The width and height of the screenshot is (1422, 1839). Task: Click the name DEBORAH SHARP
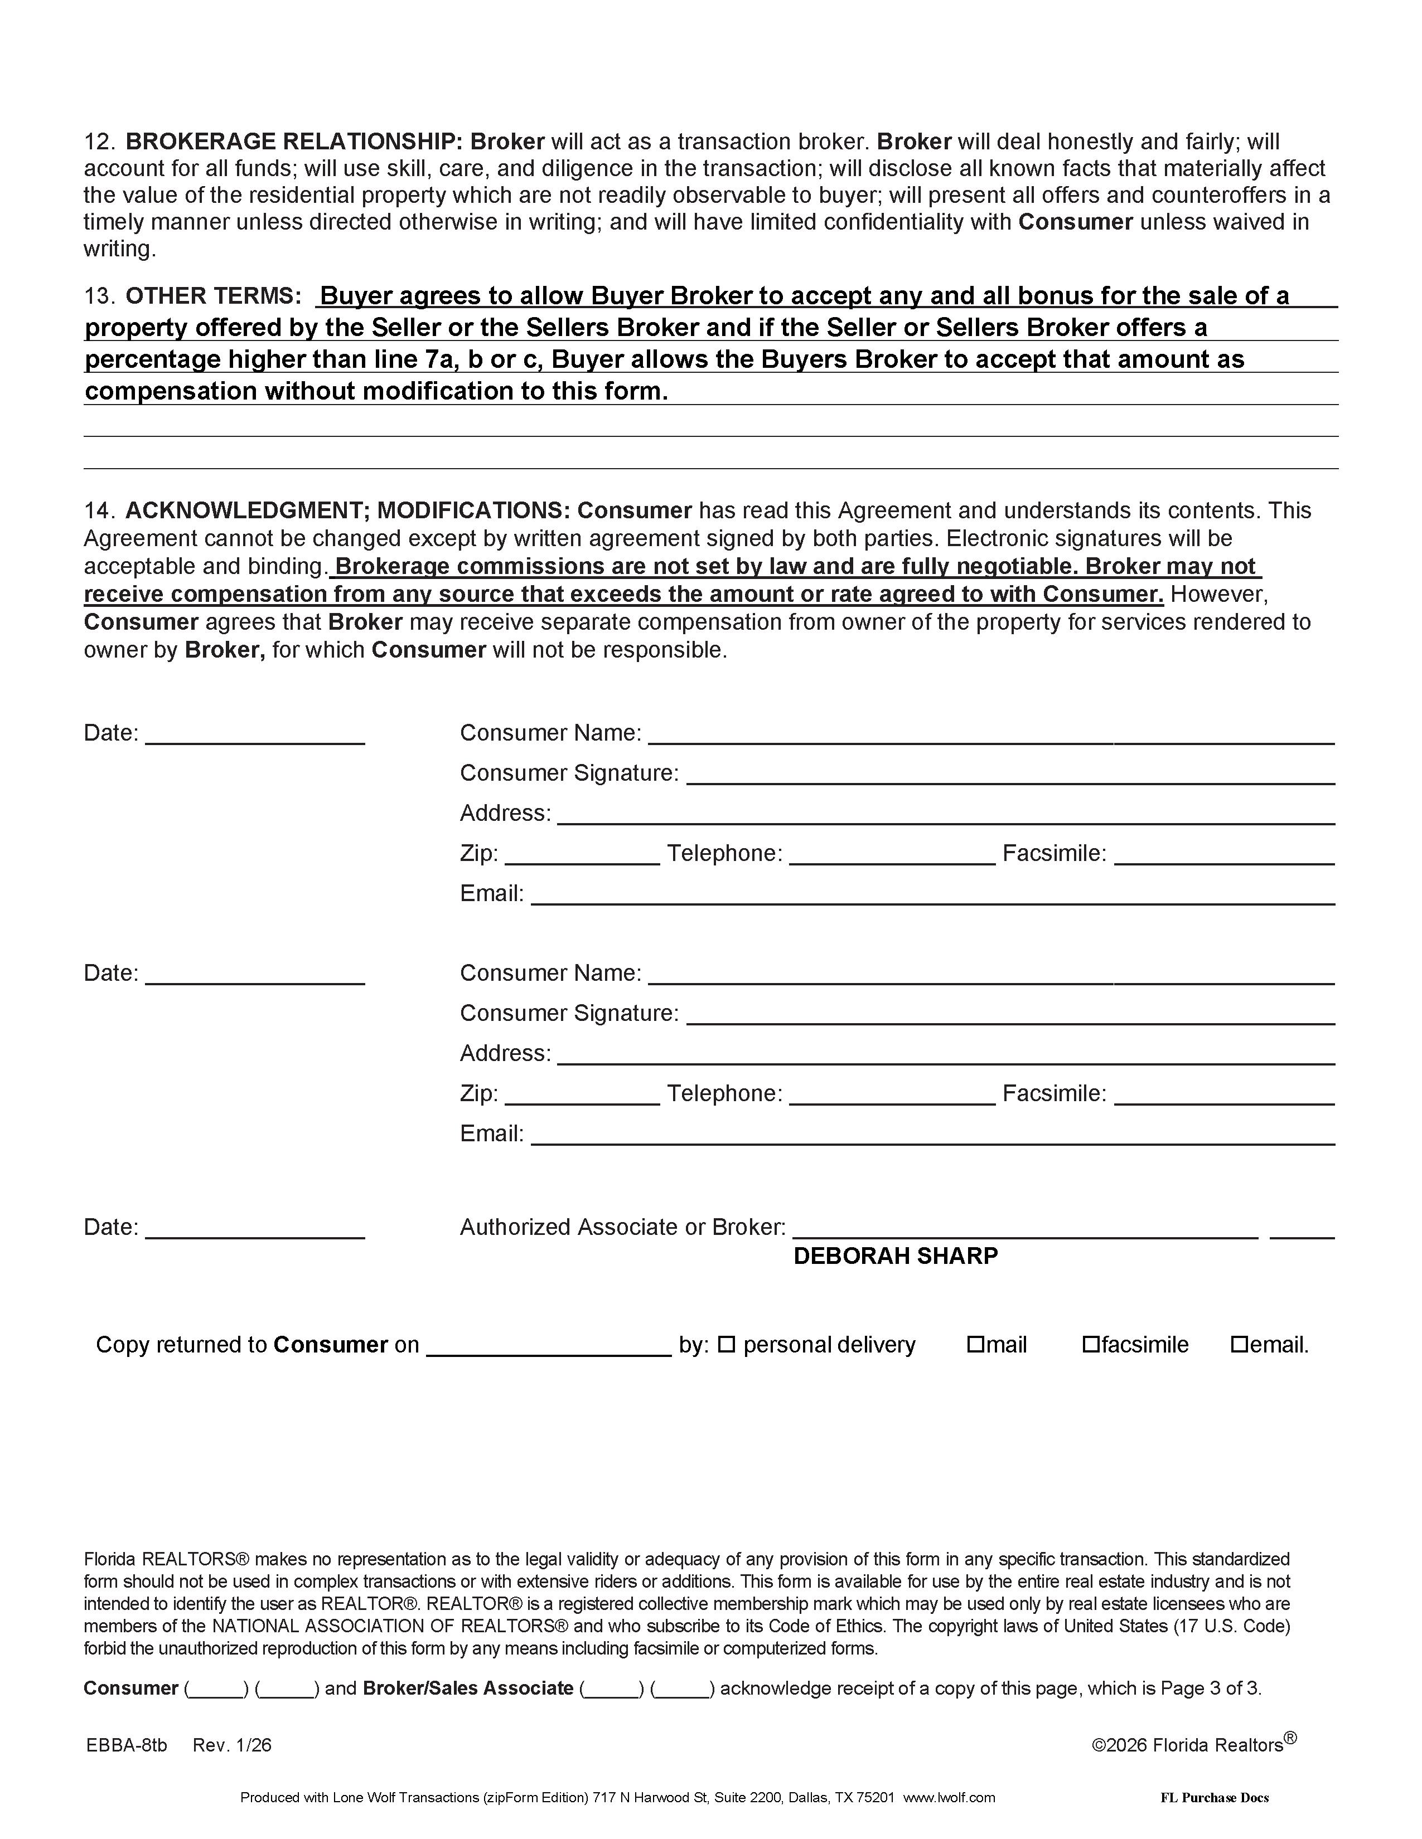tap(896, 1256)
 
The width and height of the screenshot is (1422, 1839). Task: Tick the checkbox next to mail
tap(975, 1345)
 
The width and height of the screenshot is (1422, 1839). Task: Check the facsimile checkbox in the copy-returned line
tap(1091, 1345)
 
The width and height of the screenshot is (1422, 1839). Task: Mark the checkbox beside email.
tap(1239, 1345)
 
